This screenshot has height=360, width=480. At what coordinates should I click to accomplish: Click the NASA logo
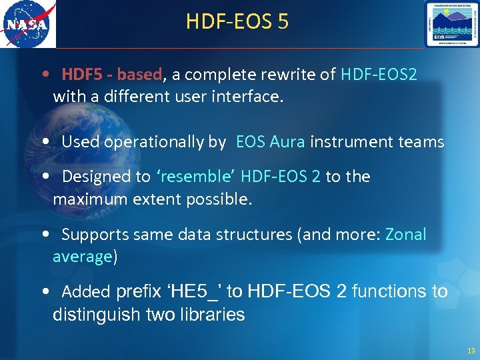pos(28,25)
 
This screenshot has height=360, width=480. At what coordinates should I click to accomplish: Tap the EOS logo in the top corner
pos(451,25)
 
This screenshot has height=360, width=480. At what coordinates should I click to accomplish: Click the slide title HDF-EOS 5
pos(237,22)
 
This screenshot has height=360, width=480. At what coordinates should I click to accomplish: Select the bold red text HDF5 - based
pos(111,75)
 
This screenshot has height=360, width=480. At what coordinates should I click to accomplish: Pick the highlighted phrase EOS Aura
pos(270,142)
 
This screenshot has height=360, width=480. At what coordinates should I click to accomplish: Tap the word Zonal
pos(405,235)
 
